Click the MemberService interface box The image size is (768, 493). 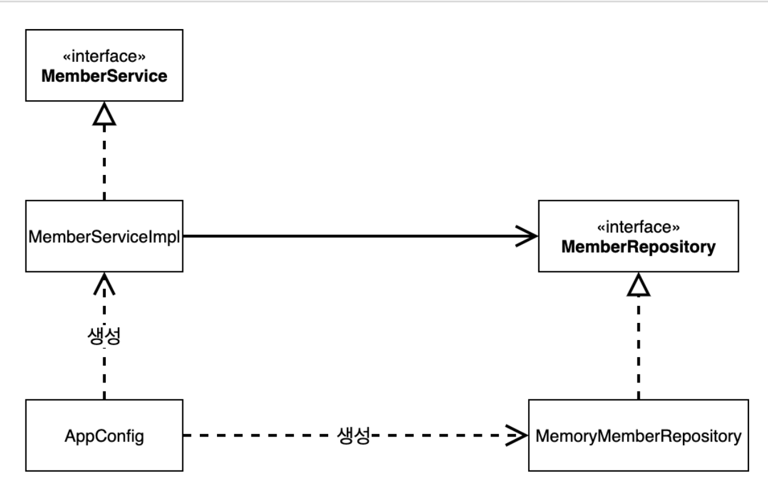click(x=105, y=66)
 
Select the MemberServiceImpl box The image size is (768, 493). click(x=105, y=236)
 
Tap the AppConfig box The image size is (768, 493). click(x=105, y=435)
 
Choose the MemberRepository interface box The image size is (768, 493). click(x=639, y=236)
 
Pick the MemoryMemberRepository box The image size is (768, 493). click(x=639, y=435)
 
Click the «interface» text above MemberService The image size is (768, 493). click(x=105, y=56)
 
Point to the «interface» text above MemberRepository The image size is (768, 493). click(x=639, y=227)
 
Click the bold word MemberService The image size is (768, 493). click(x=105, y=76)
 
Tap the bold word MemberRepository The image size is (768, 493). click(x=639, y=247)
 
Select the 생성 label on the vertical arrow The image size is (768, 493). click(x=105, y=336)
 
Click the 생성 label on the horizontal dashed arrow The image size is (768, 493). click(x=354, y=435)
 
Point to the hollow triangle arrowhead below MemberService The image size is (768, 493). click(x=105, y=114)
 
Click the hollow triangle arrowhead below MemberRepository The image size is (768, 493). click(x=639, y=284)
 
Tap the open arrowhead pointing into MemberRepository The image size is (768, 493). click(x=527, y=236)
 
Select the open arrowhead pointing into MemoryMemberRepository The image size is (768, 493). click(x=516, y=435)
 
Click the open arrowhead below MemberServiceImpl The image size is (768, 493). click(x=105, y=284)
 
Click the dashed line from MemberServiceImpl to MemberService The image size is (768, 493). click(x=105, y=163)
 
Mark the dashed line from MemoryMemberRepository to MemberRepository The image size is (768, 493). click(x=639, y=347)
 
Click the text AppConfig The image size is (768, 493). click(x=105, y=436)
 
